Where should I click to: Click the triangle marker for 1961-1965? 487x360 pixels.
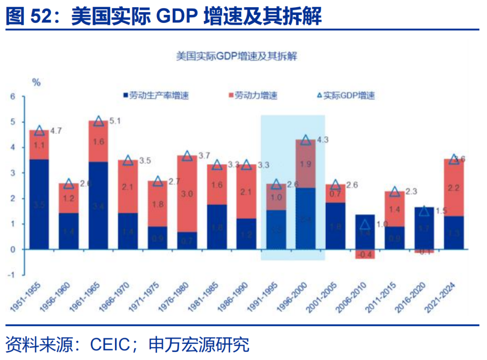click(99, 121)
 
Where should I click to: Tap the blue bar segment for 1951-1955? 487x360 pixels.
click(39, 204)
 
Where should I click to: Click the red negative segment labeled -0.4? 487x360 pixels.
click(365, 254)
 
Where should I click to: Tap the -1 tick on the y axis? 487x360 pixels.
click(12, 275)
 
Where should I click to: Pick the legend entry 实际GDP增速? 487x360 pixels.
click(347, 96)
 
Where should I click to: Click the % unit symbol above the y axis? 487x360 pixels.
click(36, 83)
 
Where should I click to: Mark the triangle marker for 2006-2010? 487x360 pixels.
click(365, 224)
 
